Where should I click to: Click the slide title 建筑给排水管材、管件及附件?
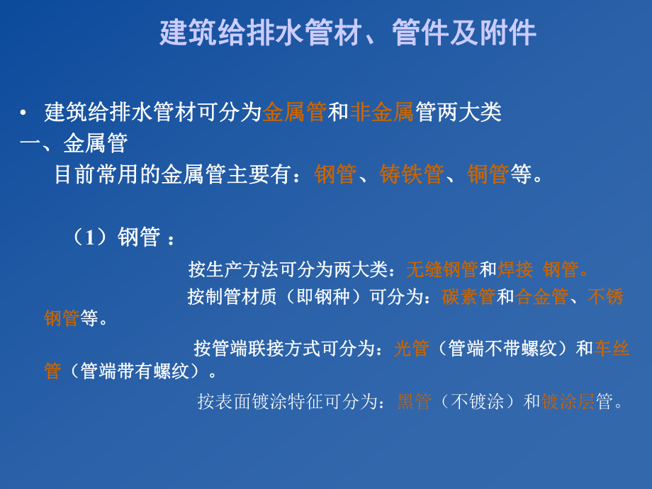click(x=347, y=33)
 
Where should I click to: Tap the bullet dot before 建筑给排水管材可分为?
click(x=23, y=113)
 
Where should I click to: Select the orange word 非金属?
click(x=382, y=112)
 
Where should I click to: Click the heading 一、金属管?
click(x=74, y=143)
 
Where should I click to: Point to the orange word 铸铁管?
click(x=412, y=174)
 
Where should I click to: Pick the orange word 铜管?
click(x=488, y=174)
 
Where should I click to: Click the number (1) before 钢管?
click(x=89, y=237)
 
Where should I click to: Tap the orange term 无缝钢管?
click(x=442, y=269)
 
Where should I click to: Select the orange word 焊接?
click(x=515, y=269)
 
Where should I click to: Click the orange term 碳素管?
click(x=468, y=296)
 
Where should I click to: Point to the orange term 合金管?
click(x=541, y=296)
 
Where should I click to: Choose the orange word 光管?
click(x=411, y=348)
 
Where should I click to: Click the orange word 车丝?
click(x=612, y=348)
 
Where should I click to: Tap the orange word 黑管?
click(x=414, y=402)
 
